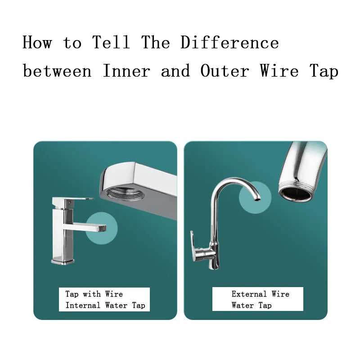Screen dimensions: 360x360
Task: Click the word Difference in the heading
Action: (x=229, y=43)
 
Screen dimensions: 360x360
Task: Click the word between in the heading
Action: (x=57, y=71)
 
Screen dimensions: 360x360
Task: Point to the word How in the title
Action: (x=37, y=43)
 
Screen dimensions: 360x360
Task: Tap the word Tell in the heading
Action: (x=111, y=43)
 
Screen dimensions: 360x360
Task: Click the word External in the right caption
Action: (x=249, y=294)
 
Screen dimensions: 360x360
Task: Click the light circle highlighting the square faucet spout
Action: (x=103, y=229)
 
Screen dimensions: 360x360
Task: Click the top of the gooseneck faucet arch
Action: (x=234, y=180)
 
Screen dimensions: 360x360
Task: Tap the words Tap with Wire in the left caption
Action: (x=94, y=294)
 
